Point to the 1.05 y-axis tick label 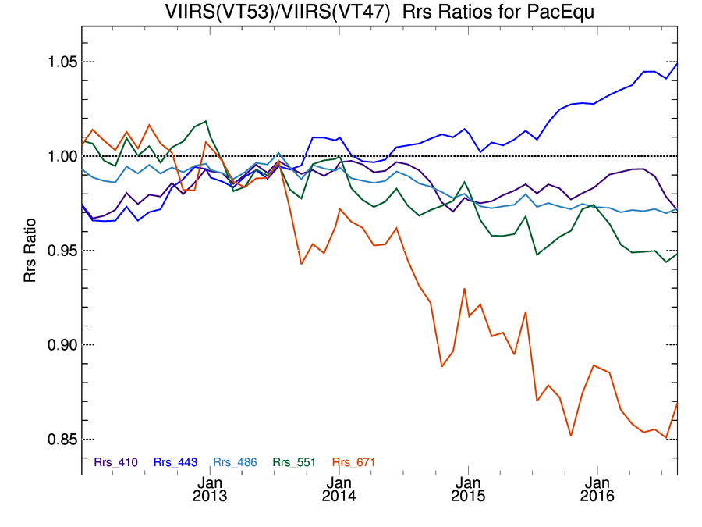(55, 62)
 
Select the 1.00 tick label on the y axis (55, 156)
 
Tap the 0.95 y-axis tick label (55, 251)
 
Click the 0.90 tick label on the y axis (55, 345)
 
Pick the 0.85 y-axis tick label (55, 439)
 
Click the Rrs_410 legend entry (116, 462)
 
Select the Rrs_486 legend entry (236, 462)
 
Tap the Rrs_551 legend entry (295, 462)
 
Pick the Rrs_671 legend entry (354, 462)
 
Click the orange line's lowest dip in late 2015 (571, 436)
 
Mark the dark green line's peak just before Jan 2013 (205, 122)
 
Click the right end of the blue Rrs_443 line (676, 63)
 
